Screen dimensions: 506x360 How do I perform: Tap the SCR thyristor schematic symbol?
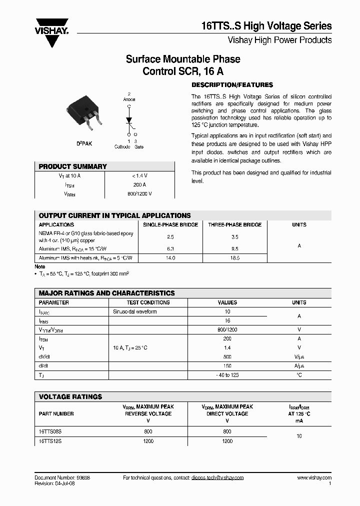(x=128, y=120)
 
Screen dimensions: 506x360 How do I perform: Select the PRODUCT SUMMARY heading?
(x=73, y=166)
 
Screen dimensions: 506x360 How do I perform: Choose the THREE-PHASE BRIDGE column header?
(x=234, y=225)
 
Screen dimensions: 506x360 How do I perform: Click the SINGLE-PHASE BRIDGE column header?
(x=170, y=225)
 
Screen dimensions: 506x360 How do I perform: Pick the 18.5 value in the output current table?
(x=234, y=258)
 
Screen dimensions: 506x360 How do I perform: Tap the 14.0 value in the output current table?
(x=170, y=258)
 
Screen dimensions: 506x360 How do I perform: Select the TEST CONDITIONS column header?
(x=148, y=302)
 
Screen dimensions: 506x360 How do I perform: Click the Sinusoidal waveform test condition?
(x=135, y=311)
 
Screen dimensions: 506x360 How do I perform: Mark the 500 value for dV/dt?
(x=227, y=357)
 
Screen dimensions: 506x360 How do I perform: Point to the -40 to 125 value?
(x=227, y=375)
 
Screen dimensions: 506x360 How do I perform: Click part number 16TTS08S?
(x=52, y=431)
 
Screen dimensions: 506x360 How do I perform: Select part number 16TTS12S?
(x=52, y=441)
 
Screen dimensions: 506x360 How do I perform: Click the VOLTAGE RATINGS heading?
(x=70, y=396)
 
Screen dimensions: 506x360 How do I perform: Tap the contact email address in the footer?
(x=217, y=477)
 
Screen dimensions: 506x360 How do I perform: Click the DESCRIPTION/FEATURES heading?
(x=232, y=85)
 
